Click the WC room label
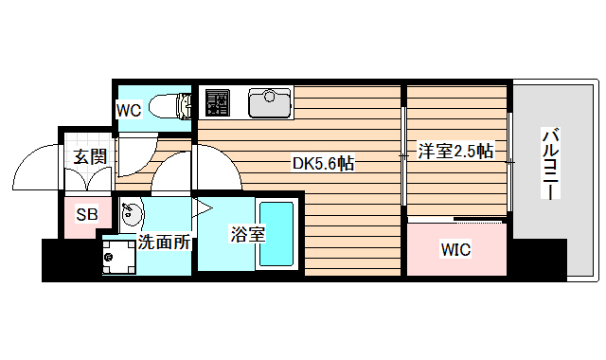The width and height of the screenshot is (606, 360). click(129, 111)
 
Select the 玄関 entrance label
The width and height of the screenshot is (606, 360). click(91, 156)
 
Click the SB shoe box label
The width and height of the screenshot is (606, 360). click(87, 215)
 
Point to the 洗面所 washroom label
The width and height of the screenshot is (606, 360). click(165, 242)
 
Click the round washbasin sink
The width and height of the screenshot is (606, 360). click(130, 212)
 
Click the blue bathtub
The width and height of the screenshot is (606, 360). click(277, 233)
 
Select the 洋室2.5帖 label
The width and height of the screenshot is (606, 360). click(455, 151)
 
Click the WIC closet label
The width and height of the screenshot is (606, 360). click(455, 250)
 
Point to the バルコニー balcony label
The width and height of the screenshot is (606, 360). click(548, 162)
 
